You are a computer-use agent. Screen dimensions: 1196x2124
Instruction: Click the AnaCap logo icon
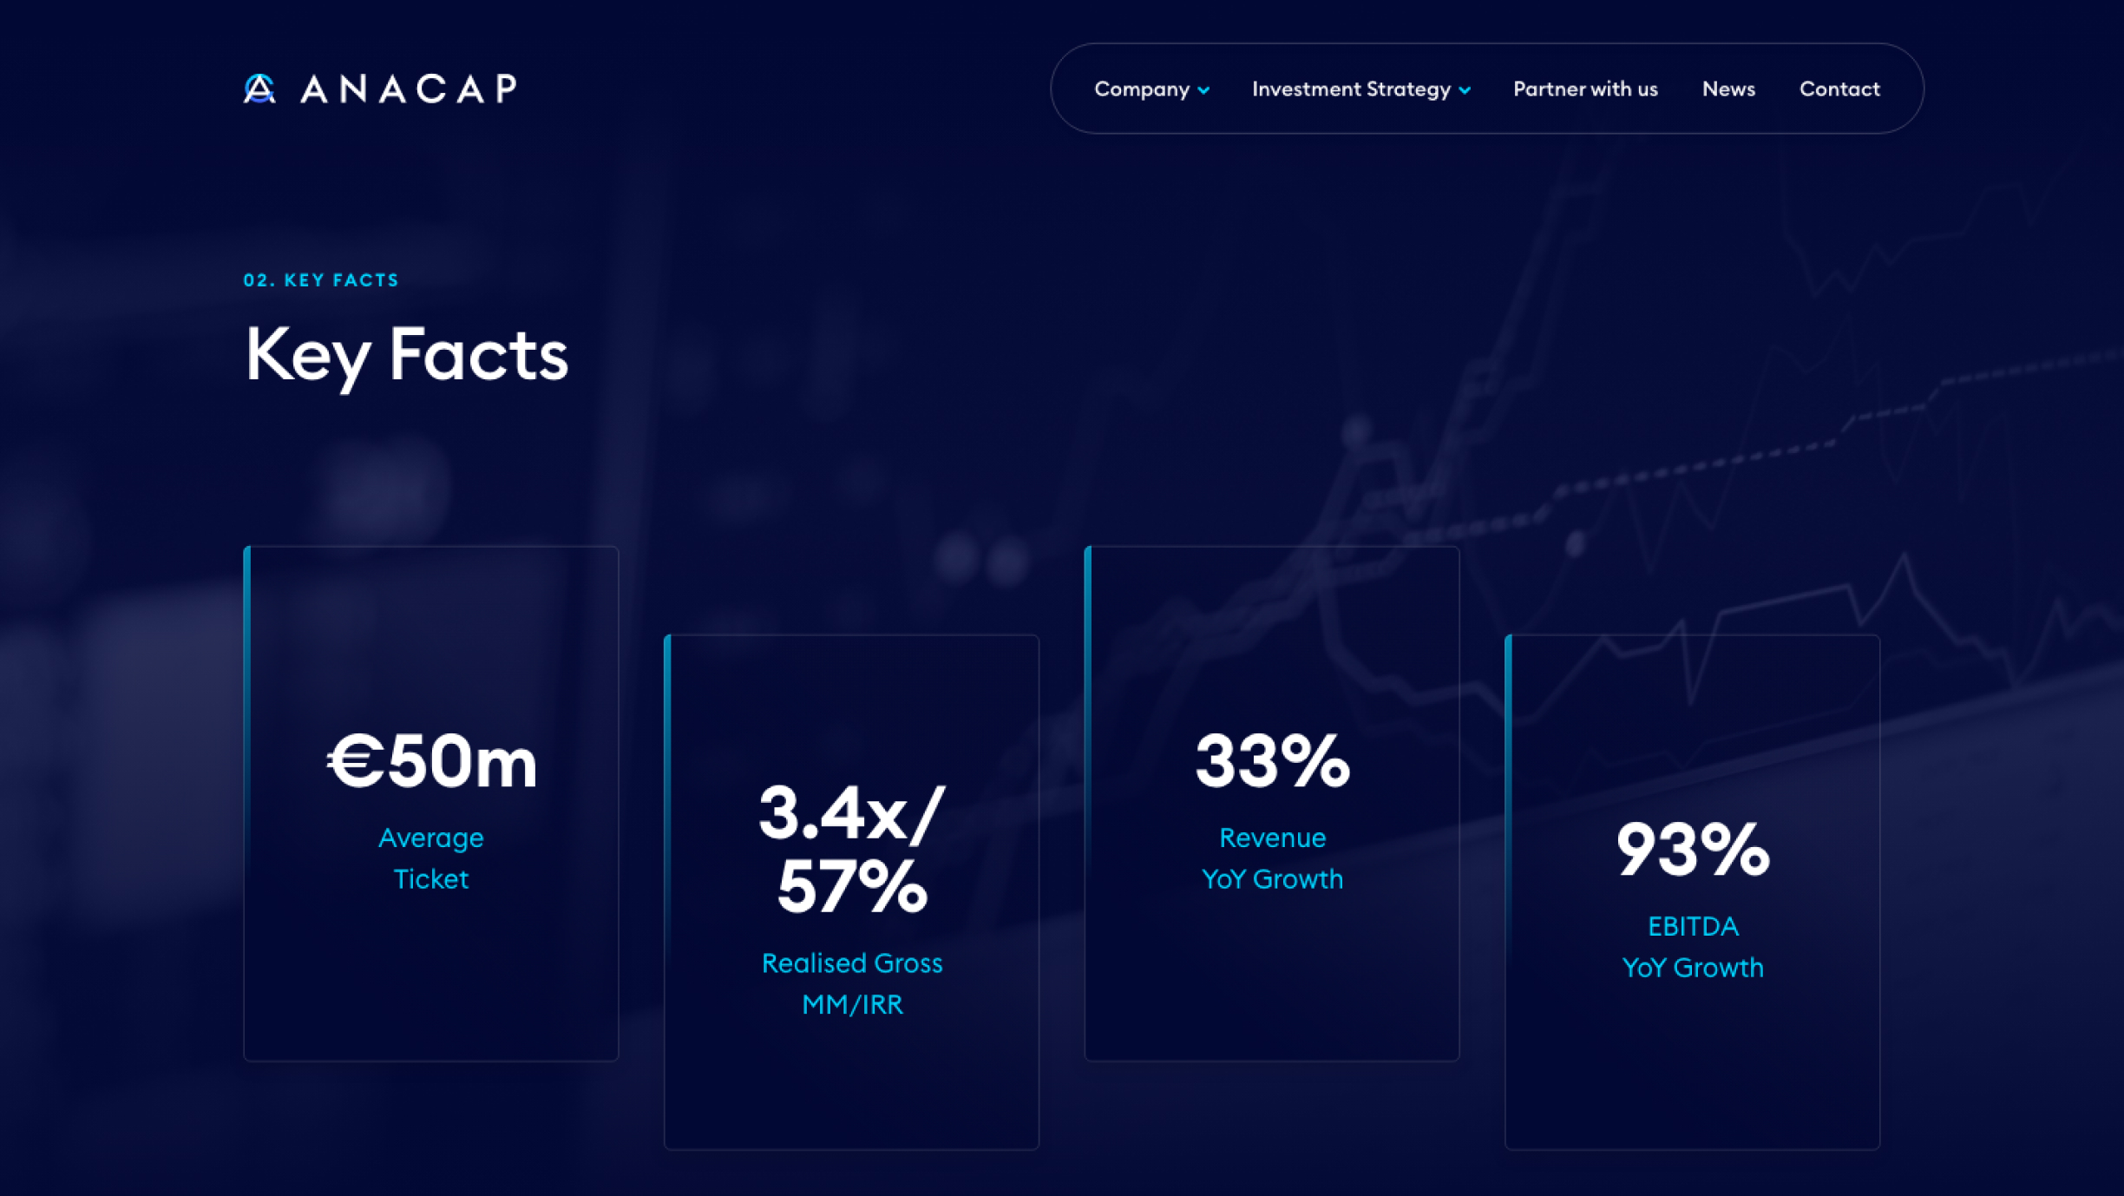pos(259,89)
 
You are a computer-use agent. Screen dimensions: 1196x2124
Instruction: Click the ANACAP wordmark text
pos(409,89)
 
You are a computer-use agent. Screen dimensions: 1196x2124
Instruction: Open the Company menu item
pos(1141,89)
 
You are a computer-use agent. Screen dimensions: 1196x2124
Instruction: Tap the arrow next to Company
pos(1203,90)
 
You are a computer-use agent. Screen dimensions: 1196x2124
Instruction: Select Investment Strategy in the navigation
pos(1350,89)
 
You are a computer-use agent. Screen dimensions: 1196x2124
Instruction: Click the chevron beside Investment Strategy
pos(1465,90)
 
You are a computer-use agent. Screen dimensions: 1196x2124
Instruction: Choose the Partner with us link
pos(1584,89)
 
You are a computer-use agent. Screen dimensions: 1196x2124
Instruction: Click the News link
pos(1727,89)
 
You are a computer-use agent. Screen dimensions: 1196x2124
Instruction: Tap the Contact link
pos(1839,89)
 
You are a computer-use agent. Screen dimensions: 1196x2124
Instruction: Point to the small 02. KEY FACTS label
pos(321,280)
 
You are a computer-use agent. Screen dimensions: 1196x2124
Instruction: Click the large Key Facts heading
pos(406,355)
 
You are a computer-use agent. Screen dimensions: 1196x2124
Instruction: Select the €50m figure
pos(432,761)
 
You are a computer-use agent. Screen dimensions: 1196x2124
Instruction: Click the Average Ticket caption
pos(431,858)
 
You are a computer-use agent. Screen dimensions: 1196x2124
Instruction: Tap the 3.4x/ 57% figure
pos(851,850)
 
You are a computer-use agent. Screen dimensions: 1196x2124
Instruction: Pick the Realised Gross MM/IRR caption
pos(852,983)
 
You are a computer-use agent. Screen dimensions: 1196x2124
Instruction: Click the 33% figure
pos(1272,761)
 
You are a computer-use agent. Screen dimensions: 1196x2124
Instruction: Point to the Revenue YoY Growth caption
pos(1272,858)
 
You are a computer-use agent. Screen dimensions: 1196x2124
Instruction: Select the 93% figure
pos(1692,850)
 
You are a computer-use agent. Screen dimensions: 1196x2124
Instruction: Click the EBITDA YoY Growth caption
pos(1692,947)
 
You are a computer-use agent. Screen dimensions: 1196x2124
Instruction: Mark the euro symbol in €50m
pos(355,761)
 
